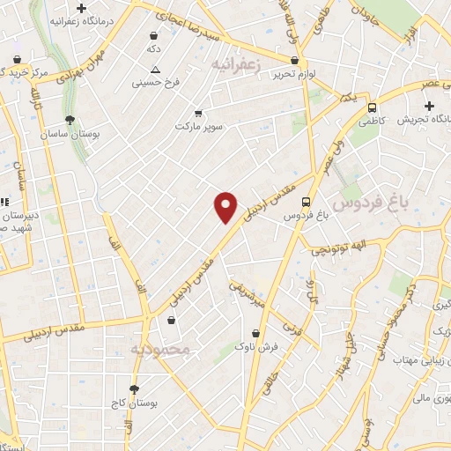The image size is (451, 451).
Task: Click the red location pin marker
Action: click(226, 206)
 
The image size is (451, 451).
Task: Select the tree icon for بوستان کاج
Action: click(135, 388)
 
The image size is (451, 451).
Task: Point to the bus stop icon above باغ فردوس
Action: click(306, 201)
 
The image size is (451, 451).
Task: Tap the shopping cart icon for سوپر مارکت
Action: click(198, 113)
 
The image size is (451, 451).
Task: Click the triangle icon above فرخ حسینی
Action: click(155, 70)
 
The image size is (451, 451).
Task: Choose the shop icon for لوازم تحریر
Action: click(294, 61)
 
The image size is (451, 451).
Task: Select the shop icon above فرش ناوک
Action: click(255, 334)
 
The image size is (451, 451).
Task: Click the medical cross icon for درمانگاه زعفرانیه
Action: click(81, 8)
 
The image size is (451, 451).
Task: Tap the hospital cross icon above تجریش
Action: click(429, 106)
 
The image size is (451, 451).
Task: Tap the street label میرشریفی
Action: click(248, 293)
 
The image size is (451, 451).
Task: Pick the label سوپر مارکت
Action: click(199, 126)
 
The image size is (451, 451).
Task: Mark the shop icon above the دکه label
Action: click(154, 35)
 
